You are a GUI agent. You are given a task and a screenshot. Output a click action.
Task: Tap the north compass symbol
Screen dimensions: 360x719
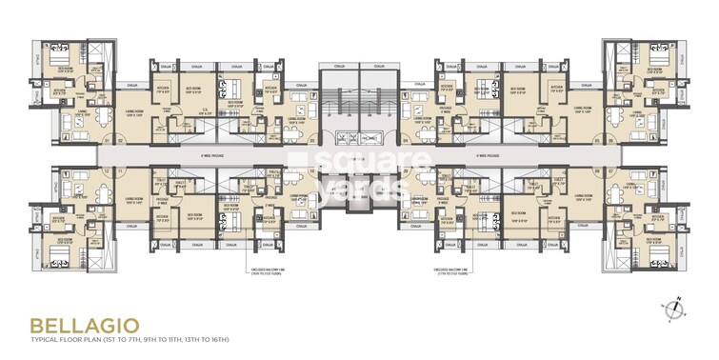point(675,306)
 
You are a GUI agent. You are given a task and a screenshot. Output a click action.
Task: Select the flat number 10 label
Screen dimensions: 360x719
point(311,171)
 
